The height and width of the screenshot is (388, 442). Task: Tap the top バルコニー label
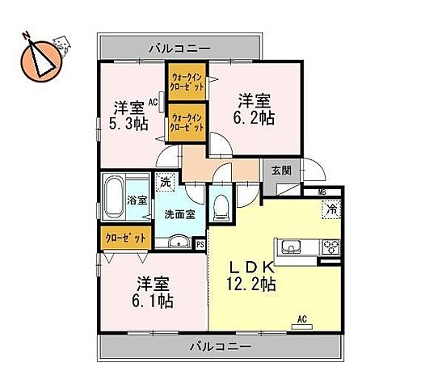(179, 48)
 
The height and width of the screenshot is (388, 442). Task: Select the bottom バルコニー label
(221, 346)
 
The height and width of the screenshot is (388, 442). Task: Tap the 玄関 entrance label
(281, 170)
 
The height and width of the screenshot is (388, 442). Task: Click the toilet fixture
(221, 208)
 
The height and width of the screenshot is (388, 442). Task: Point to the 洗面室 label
(179, 214)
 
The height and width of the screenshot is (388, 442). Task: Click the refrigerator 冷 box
(332, 209)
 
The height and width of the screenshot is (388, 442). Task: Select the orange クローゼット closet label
(125, 238)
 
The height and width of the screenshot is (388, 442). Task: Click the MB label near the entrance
(322, 192)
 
